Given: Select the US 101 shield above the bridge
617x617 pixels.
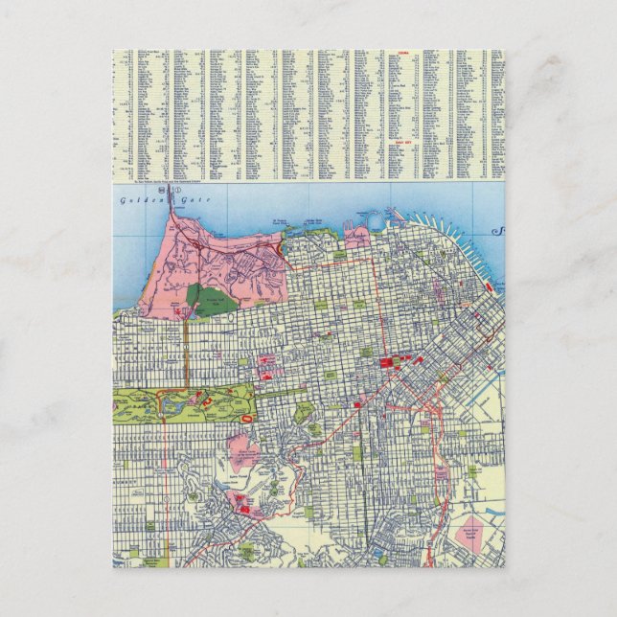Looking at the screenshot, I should click(x=164, y=191).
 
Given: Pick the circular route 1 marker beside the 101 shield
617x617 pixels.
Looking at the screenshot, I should click(x=174, y=191).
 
